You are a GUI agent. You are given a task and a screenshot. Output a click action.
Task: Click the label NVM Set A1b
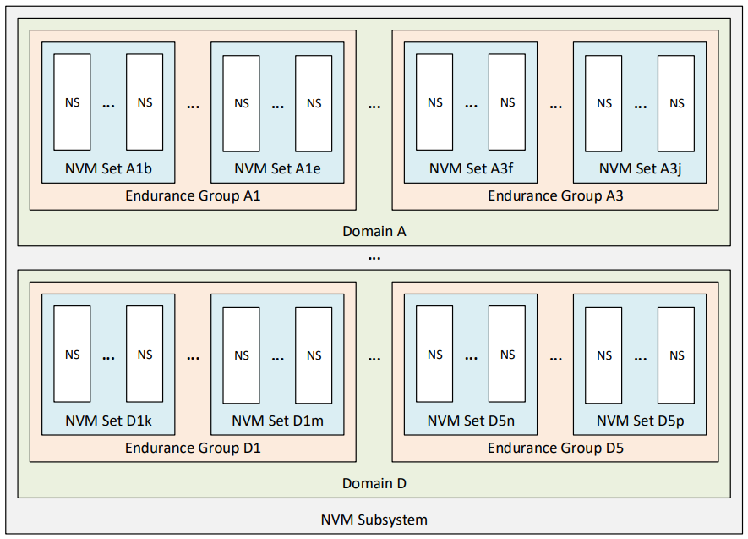108,168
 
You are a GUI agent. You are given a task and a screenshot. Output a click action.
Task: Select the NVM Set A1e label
277,168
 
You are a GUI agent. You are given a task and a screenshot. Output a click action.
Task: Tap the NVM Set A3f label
471,168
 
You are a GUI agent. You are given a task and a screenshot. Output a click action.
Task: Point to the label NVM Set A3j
640,168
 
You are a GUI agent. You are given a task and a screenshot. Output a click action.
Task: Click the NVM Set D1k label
108,421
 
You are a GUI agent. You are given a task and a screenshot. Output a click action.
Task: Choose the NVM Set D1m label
277,421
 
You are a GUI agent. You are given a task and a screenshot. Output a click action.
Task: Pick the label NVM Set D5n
471,421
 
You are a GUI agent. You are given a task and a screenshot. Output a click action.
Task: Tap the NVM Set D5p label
640,421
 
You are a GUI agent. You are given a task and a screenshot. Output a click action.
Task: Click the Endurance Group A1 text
193,195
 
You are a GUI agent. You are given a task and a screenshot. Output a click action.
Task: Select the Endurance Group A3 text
555,195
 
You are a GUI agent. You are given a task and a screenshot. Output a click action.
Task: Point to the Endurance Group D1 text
193,448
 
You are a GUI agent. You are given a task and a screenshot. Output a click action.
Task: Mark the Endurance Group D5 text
555,448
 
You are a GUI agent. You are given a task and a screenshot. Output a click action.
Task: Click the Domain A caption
374,231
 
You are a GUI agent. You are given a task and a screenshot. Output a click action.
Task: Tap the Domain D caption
374,483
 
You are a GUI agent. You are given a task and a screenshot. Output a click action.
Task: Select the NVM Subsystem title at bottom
374,520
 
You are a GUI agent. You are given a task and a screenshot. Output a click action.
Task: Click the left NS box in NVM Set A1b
72,102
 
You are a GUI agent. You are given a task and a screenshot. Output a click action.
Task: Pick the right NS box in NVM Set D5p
676,355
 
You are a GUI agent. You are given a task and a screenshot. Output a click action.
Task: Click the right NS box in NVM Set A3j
676,103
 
